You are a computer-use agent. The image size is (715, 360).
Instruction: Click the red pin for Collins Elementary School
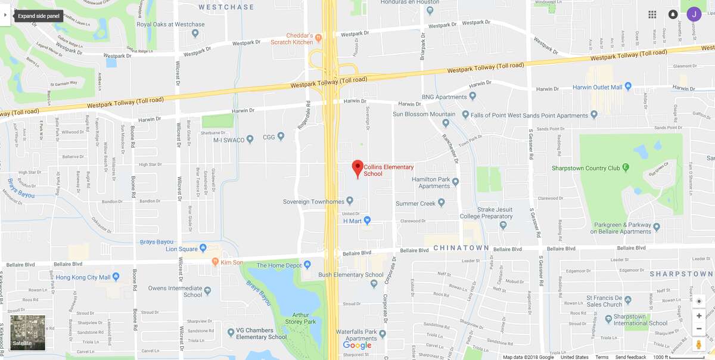click(x=357, y=167)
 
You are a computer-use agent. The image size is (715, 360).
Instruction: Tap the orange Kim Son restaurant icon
click(x=216, y=262)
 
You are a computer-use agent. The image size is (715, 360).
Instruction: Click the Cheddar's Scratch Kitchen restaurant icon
click(x=319, y=38)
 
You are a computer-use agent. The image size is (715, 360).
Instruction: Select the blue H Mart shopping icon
click(x=367, y=221)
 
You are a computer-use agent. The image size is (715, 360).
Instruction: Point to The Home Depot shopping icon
click(x=307, y=265)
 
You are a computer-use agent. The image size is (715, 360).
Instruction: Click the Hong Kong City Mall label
click(x=83, y=277)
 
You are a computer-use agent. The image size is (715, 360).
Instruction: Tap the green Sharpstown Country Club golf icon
click(x=626, y=168)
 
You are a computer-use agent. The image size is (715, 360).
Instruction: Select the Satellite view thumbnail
click(x=27, y=333)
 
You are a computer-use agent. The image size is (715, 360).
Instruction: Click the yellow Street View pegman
click(x=699, y=345)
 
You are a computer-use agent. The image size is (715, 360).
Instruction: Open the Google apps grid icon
click(x=652, y=14)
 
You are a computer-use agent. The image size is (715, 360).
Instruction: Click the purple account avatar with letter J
click(x=694, y=14)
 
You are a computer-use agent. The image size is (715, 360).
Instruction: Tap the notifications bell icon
click(x=673, y=14)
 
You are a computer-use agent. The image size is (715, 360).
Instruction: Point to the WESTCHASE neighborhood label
click(x=226, y=7)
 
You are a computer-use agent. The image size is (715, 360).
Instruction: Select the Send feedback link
click(x=630, y=357)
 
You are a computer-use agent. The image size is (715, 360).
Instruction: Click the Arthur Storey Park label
click(x=304, y=318)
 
